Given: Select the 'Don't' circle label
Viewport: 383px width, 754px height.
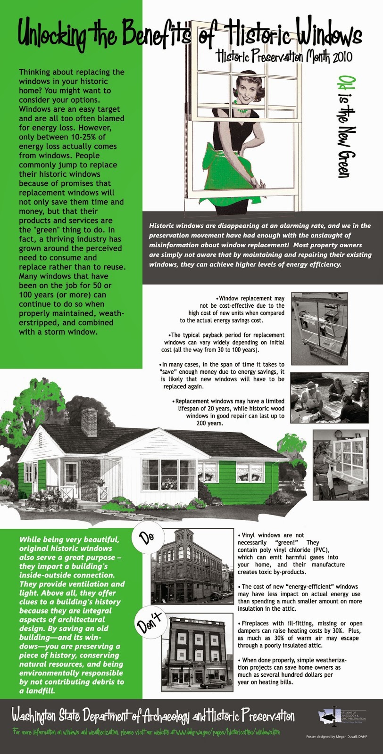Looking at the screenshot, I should click(150, 623).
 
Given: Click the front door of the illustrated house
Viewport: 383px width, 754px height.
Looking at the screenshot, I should click(71, 475).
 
